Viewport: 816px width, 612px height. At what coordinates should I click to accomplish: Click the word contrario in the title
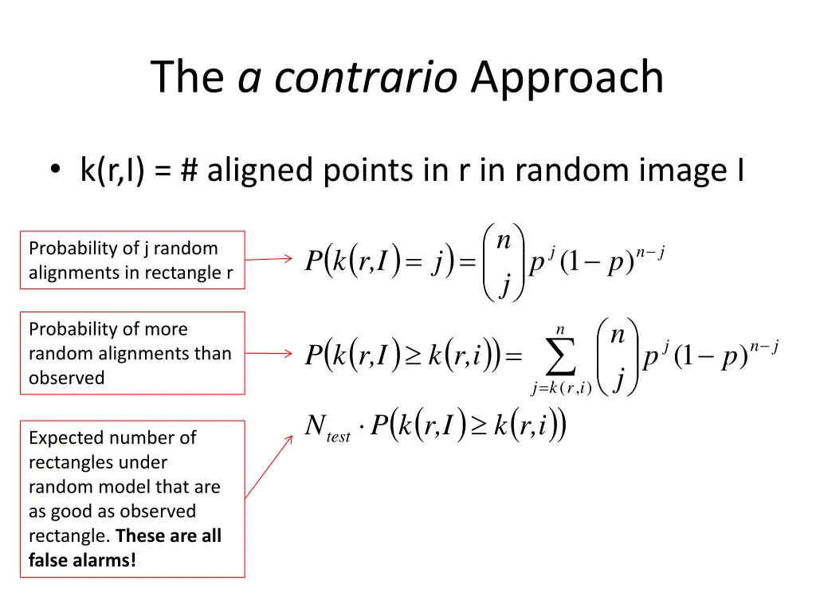point(367,78)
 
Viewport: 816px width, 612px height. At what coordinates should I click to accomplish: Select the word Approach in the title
point(567,78)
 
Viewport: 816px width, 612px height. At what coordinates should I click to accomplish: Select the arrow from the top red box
point(269,259)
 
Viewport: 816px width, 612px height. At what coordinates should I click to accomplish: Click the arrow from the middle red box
point(269,354)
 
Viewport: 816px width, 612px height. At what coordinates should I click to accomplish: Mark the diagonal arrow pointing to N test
point(269,466)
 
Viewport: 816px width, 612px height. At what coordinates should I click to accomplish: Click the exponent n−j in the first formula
point(650,254)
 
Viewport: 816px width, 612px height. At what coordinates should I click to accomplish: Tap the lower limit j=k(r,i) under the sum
point(560,389)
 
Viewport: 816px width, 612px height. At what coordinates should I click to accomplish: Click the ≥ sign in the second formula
point(413,355)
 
